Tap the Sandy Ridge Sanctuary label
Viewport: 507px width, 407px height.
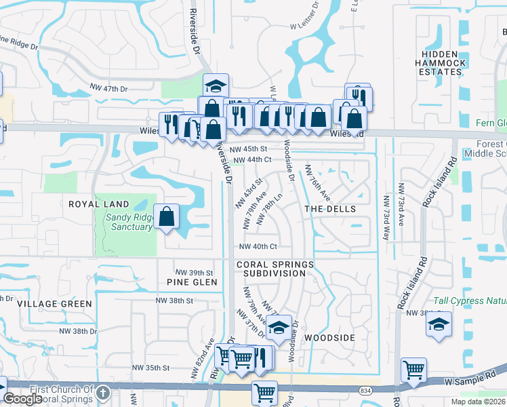128,222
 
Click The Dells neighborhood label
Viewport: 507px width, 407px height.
330,209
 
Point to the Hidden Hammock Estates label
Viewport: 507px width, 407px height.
444,62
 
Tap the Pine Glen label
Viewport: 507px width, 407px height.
192,282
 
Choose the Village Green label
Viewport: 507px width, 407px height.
55,304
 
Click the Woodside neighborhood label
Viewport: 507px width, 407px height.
329,337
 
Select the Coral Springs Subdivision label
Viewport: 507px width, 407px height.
275,269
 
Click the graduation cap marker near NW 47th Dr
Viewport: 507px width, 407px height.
216,86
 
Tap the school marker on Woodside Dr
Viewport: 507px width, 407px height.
278,328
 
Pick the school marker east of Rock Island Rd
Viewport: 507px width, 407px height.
439,325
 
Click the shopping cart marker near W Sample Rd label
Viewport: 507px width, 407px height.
413,370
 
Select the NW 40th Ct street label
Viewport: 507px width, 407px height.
258,247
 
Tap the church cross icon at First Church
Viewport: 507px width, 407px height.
102,393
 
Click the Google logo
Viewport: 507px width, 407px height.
23,399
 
